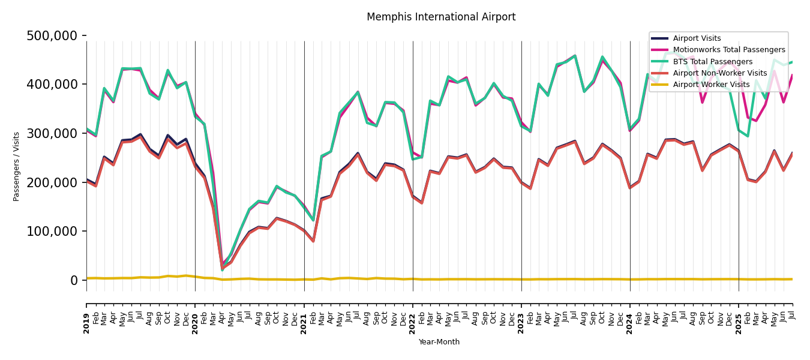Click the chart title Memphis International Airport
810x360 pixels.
(x=441, y=17)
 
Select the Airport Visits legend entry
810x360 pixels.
(x=697, y=38)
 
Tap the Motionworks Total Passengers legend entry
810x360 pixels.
(x=728, y=50)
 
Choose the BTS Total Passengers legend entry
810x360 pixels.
(x=712, y=62)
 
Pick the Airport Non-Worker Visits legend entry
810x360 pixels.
(x=719, y=73)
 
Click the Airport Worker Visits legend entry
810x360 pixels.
(x=711, y=85)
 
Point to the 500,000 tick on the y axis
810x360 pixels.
(x=52, y=36)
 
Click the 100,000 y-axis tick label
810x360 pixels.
(x=52, y=232)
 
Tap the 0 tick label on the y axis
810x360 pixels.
(x=74, y=280)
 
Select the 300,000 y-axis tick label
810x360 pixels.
(x=52, y=133)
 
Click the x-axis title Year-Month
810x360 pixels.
(x=439, y=342)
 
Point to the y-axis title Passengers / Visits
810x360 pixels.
(x=17, y=166)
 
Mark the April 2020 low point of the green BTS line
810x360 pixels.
(x=222, y=270)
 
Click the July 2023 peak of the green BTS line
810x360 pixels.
(x=575, y=56)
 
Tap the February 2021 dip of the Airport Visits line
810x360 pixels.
(x=313, y=241)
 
